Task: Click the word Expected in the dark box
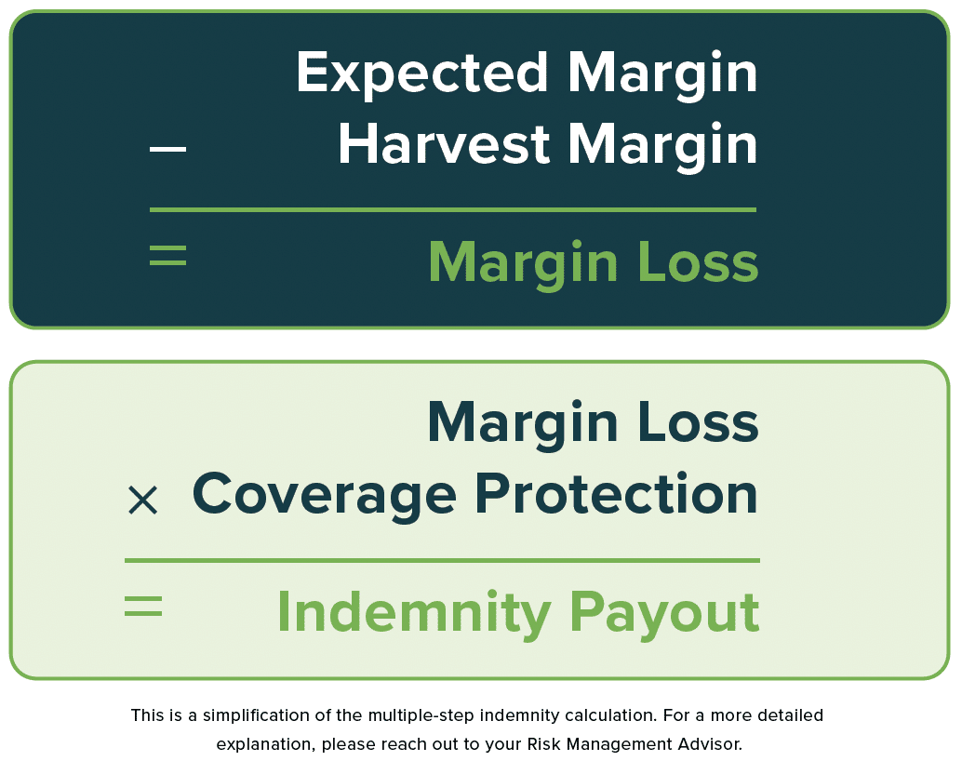pyautogui.click(x=422, y=73)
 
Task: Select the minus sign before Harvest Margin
pyautogui.click(x=167, y=149)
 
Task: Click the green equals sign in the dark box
pyautogui.click(x=167, y=255)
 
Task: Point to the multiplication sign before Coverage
pyautogui.click(x=143, y=500)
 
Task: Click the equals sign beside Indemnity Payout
pyautogui.click(x=143, y=606)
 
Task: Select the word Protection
pyautogui.click(x=617, y=493)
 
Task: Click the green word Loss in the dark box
pyautogui.click(x=698, y=261)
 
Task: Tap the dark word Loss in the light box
pyautogui.click(x=698, y=421)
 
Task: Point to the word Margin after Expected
pyautogui.click(x=662, y=73)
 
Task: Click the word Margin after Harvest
pyautogui.click(x=662, y=145)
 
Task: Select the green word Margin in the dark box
pyautogui.click(x=524, y=264)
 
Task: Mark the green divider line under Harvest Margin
pyautogui.click(x=453, y=210)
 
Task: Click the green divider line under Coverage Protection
pyautogui.click(x=442, y=560)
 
